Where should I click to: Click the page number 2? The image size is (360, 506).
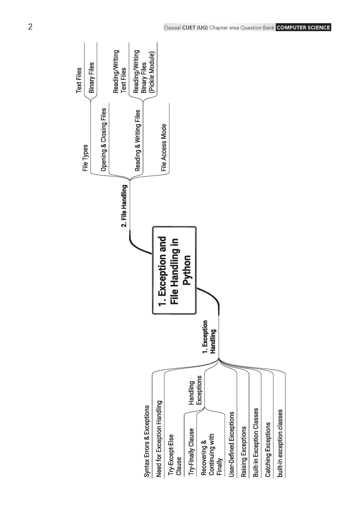(30, 27)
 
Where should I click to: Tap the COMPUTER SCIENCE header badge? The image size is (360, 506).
(303, 27)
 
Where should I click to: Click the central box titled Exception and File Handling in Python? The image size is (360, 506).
(174, 270)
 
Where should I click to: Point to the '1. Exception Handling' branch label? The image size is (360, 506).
(209, 337)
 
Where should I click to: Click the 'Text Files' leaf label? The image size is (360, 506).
(79, 80)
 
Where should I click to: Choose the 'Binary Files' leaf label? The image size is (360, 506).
(91, 78)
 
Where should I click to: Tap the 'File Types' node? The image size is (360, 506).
(85, 158)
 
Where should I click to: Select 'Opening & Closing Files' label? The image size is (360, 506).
(104, 140)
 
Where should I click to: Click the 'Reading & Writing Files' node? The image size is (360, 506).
(137, 141)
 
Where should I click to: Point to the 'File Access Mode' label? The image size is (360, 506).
(164, 148)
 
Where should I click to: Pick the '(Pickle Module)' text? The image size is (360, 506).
(152, 72)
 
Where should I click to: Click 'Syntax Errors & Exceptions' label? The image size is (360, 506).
(147, 441)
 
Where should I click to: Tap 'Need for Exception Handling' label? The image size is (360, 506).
(159, 439)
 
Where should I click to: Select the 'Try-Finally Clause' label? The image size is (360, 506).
(191, 452)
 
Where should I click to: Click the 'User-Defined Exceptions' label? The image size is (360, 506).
(231, 444)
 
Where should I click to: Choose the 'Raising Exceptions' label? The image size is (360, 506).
(244, 452)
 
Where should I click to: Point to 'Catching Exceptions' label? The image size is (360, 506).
(268, 449)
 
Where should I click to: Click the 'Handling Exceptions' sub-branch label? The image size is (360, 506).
(195, 390)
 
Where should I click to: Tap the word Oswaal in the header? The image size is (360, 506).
(172, 27)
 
